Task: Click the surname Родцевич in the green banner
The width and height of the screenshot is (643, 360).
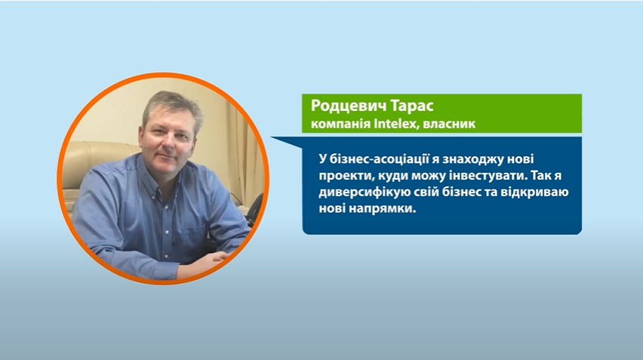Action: point(349,106)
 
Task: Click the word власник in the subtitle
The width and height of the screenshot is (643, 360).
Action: point(449,124)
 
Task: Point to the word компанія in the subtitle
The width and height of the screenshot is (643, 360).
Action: point(341,124)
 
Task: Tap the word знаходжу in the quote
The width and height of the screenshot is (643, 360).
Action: point(474,159)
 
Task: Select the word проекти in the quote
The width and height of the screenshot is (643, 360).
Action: point(346,176)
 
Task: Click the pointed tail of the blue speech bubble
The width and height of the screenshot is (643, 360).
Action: point(272,138)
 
